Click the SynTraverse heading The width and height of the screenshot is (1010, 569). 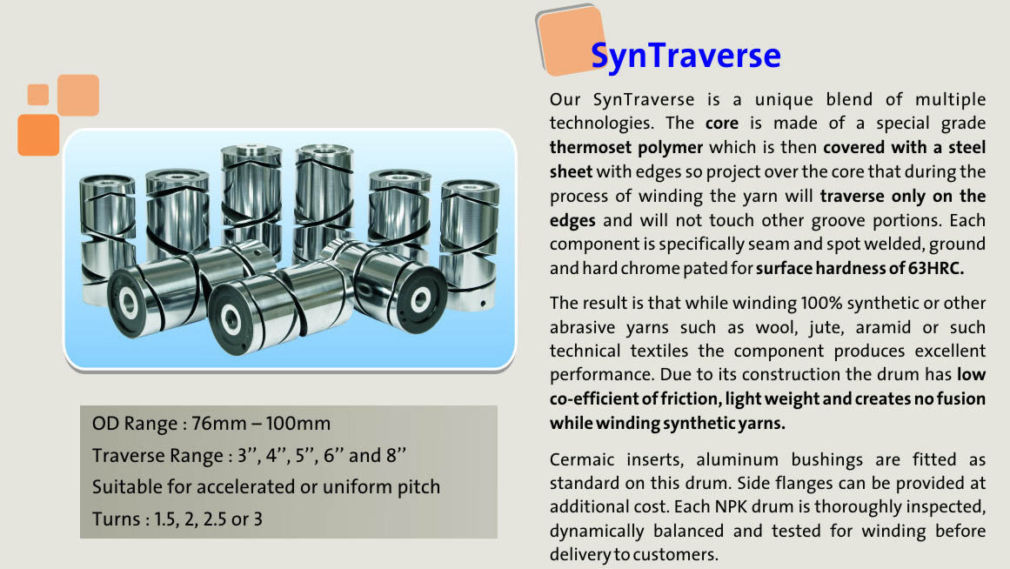686,56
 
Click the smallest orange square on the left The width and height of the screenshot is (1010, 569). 38,94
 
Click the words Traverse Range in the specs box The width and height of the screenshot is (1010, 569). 157,456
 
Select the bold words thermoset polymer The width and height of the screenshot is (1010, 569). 625,148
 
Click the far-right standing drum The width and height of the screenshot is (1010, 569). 469,244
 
